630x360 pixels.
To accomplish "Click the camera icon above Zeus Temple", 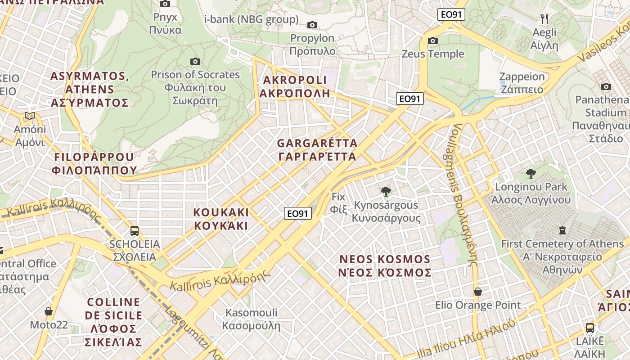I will [x=433, y=41].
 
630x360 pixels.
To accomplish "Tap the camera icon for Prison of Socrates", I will [x=195, y=61].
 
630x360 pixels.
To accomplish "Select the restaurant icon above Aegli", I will [x=544, y=18].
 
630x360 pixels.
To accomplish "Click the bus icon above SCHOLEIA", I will [x=134, y=231].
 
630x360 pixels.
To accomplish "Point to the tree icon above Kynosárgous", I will [x=386, y=192].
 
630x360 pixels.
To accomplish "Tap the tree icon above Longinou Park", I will [x=531, y=173].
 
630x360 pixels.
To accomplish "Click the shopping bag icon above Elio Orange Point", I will [x=478, y=292].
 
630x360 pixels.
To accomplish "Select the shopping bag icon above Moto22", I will [x=49, y=311].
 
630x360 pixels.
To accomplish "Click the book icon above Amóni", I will [x=30, y=116].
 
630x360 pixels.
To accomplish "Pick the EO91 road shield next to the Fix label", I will [x=298, y=213].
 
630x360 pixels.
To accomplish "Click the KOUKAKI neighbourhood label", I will [x=221, y=219].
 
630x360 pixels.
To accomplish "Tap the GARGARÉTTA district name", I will [x=317, y=150].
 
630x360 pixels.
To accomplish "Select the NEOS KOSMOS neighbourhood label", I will [x=385, y=266].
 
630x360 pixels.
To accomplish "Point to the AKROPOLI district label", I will [x=295, y=87].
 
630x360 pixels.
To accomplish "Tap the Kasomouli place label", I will [x=252, y=319].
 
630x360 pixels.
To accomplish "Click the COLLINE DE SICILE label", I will [x=113, y=322].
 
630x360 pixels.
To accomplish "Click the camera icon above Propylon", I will [x=312, y=25].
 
